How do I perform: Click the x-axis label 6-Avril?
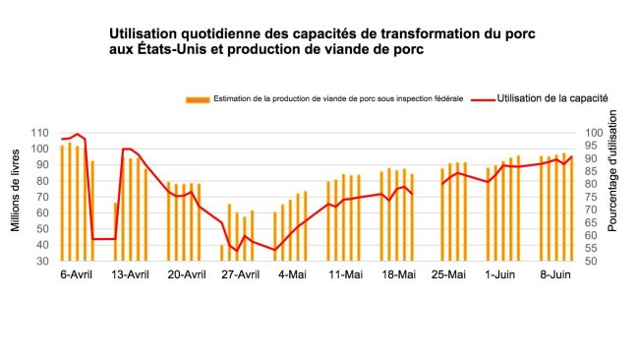point(76,274)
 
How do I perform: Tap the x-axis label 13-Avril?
point(130,274)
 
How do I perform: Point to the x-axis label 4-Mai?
point(292,274)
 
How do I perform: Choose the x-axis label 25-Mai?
point(449,274)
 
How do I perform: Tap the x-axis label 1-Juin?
point(501,274)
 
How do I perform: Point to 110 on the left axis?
point(40,133)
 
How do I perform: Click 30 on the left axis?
point(43,262)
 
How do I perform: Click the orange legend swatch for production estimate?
point(197,99)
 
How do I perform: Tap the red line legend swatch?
point(483,99)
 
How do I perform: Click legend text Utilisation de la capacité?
point(552,98)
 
